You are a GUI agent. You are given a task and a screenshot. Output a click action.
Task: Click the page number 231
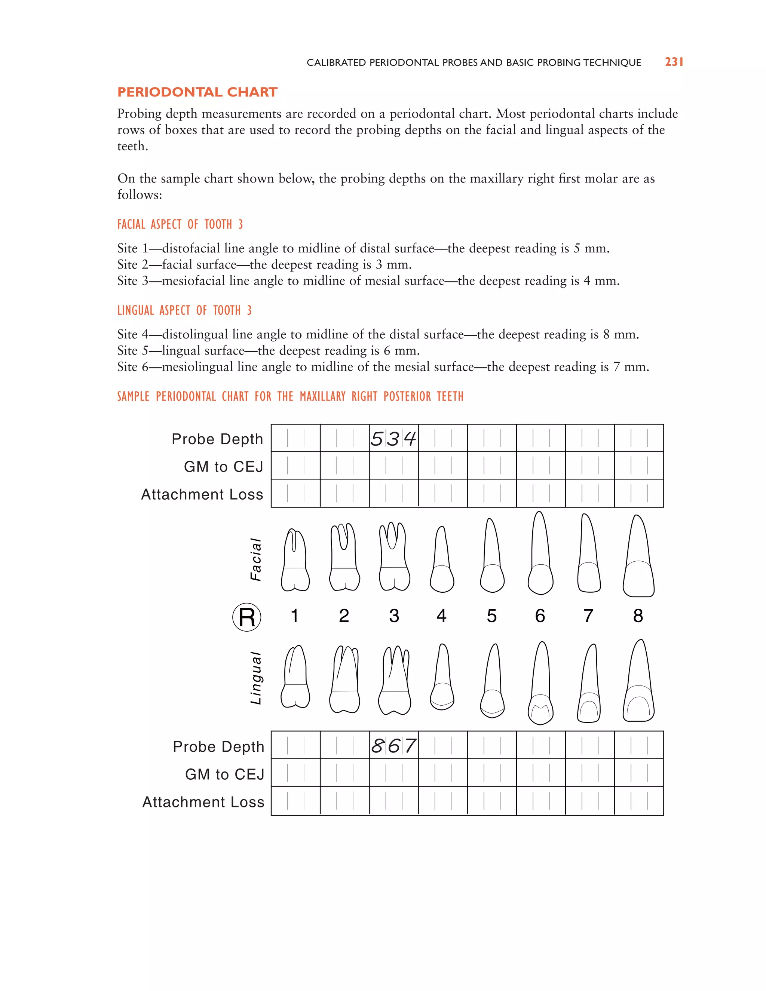pyautogui.click(x=674, y=62)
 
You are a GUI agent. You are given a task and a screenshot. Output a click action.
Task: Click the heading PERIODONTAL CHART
pyautogui.click(x=197, y=92)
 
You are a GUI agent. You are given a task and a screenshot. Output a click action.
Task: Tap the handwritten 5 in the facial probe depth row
pyautogui.click(x=377, y=439)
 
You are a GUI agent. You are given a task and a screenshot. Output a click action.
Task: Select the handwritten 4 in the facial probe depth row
pyautogui.click(x=410, y=438)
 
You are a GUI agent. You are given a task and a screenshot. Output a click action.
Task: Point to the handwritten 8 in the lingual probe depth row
pyautogui.click(x=377, y=746)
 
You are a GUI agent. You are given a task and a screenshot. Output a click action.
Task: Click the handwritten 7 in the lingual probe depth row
pyautogui.click(x=410, y=746)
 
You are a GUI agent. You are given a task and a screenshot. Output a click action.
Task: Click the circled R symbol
pyautogui.click(x=246, y=617)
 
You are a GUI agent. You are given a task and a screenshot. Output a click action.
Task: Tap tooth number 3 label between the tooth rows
pyautogui.click(x=394, y=616)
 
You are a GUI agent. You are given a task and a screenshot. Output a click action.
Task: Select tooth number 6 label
pyautogui.click(x=540, y=616)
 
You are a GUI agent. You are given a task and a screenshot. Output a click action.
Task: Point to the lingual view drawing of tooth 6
pyautogui.click(x=540, y=683)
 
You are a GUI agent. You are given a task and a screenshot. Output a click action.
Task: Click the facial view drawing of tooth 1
pyautogui.click(x=295, y=561)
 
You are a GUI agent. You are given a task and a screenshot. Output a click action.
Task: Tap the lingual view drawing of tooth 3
pyautogui.click(x=394, y=681)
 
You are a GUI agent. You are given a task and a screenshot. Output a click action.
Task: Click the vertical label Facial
pyautogui.click(x=256, y=559)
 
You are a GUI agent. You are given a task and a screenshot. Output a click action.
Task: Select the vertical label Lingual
pyautogui.click(x=256, y=678)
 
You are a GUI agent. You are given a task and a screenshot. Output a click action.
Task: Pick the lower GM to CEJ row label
pyautogui.click(x=225, y=774)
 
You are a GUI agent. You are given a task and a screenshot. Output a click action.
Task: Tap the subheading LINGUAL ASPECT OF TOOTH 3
pyautogui.click(x=184, y=310)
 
